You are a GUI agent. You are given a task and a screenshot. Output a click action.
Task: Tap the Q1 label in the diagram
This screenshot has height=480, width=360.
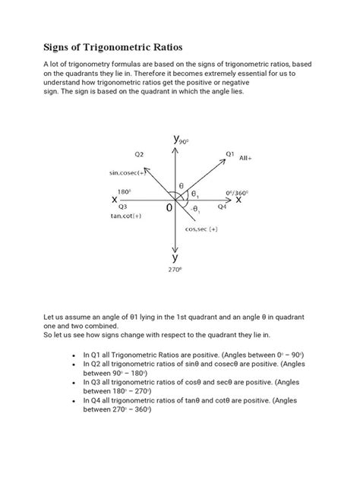229,153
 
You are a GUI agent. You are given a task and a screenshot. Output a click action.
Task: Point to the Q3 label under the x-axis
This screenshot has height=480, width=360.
122,207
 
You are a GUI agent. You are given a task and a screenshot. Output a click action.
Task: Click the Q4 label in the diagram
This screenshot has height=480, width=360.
222,207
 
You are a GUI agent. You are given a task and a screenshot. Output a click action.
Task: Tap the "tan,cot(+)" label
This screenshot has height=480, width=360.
127,216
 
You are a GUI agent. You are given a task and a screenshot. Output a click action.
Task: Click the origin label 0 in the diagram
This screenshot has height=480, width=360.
167,207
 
